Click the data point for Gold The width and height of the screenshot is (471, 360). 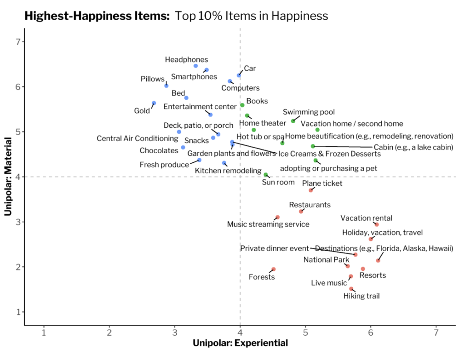pos(154,103)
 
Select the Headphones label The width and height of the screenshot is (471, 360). pos(186,60)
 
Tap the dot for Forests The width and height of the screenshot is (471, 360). pos(273,269)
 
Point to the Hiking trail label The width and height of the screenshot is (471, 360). pos(362,296)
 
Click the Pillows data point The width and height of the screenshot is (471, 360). pos(166,86)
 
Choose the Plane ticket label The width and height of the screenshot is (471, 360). pos(322,184)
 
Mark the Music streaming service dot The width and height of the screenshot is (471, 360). pos(277,217)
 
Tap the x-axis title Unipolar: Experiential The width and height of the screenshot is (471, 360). pos(240,343)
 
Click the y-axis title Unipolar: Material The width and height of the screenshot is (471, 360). pos(8,177)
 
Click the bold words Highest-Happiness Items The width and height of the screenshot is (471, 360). pos(97,16)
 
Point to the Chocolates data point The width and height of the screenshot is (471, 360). pos(183,147)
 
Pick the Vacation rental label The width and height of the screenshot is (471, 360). pos(366,218)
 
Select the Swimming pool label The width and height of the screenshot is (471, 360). pos(309,112)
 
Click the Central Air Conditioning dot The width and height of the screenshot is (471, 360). pos(179,132)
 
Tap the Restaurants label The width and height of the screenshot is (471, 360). pos(310,205)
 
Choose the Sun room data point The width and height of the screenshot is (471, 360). pos(265,175)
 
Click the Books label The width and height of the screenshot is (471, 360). pos(257,101)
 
